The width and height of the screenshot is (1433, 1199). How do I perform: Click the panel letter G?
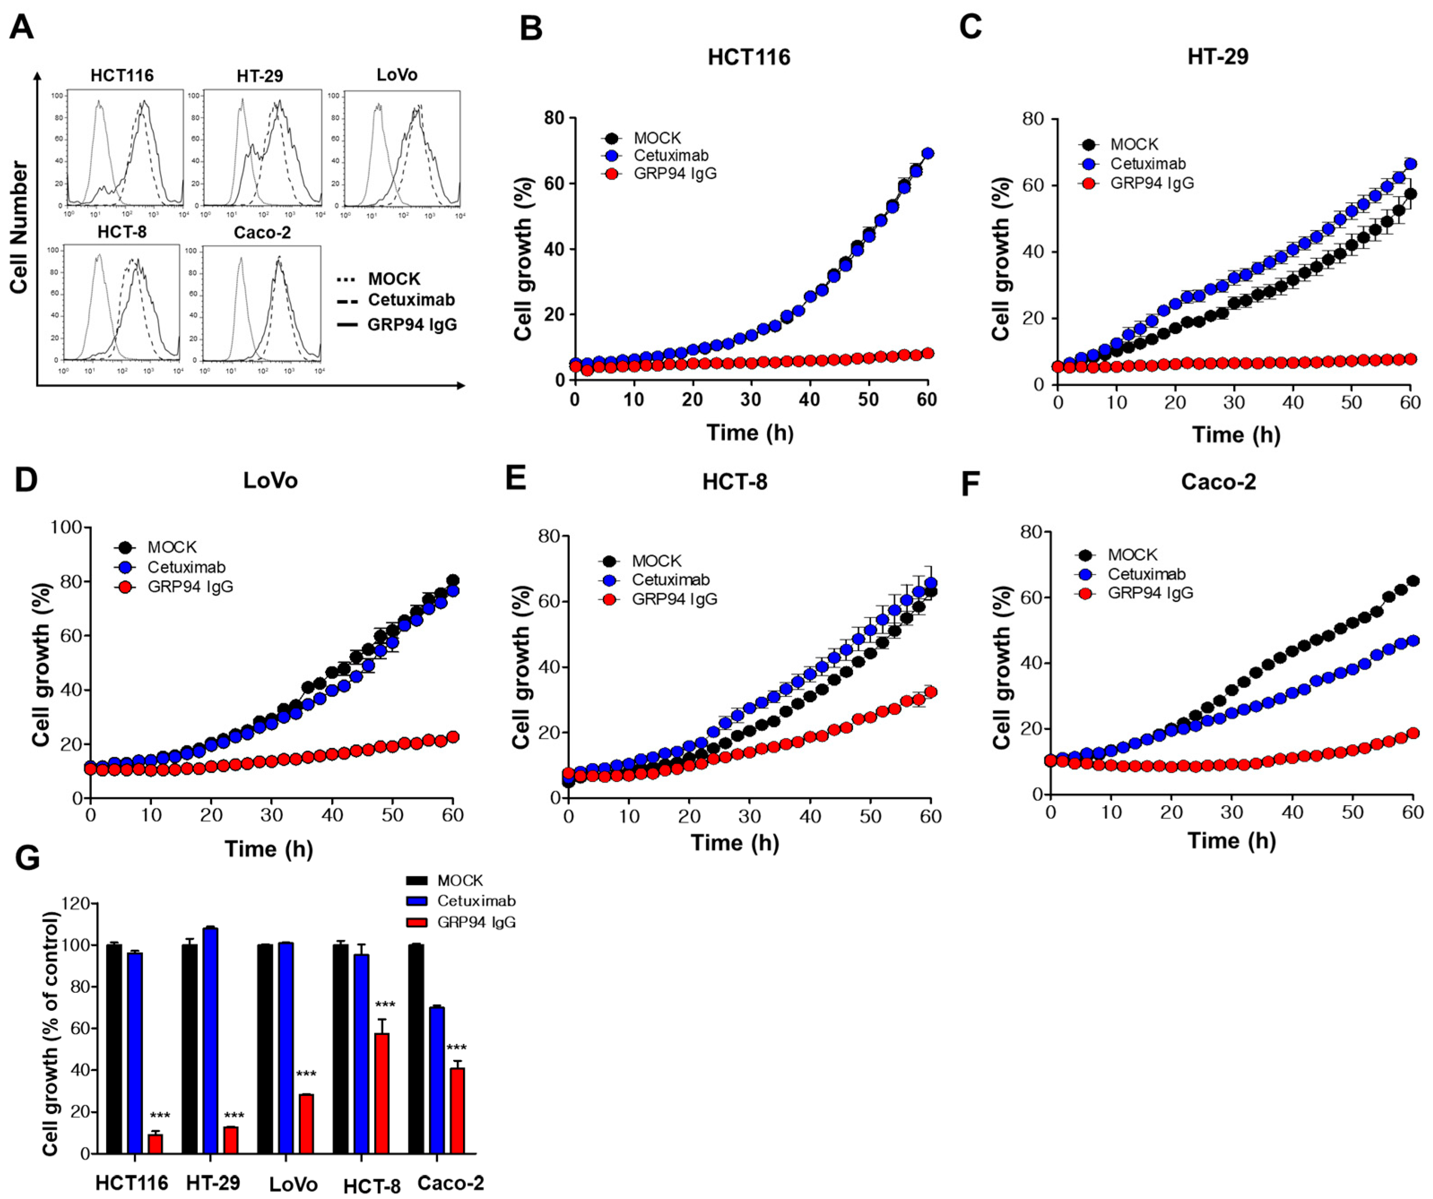(x=27, y=858)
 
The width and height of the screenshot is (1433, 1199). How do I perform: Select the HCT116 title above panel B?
(x=749, y=56)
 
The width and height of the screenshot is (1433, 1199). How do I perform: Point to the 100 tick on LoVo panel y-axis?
(x=67, y=527)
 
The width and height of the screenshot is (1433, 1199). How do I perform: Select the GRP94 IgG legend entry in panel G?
(x=476, y=922)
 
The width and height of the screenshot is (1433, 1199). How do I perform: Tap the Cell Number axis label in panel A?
(x=19, y=228)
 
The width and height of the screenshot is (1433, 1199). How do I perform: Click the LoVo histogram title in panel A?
(x=397, y=75)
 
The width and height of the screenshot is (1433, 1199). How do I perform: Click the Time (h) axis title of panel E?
(x=735, y=843)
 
